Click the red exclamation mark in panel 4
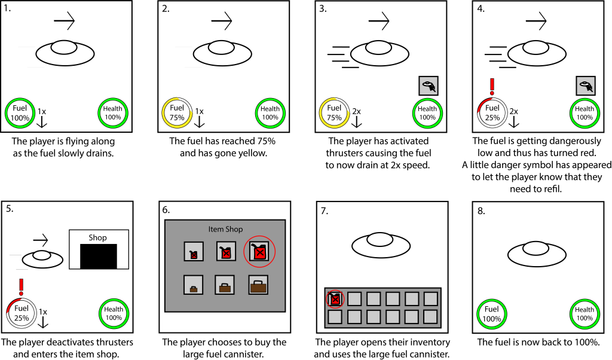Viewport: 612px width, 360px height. (x=492, y=86)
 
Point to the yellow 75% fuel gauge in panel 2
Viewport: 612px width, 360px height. (x=176, y=112)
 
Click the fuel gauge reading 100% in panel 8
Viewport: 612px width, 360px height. (x=491, y=313)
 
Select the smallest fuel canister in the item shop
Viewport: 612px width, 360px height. (x=193, y=252)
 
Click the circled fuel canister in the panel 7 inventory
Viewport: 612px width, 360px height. (x=335, y=298)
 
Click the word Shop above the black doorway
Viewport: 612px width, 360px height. (x=98, y=237)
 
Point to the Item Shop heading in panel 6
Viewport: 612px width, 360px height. (x=224, y=229)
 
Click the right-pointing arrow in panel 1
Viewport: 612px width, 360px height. (x=65, y=22)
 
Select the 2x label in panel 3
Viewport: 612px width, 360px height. (x=356, y=111)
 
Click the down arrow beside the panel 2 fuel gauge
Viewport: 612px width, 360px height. (x=200, y=121)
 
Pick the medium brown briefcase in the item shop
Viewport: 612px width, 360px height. (x=226, y=287)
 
